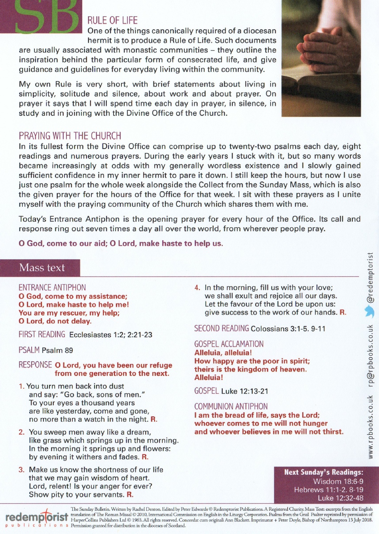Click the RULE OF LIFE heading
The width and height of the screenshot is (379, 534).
click(x=112, y=21)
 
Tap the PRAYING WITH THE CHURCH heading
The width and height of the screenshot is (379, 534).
click(x=70, y=136)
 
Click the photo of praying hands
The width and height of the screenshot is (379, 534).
click(x=321, y=58)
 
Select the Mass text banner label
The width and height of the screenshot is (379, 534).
click(x=42, y=268)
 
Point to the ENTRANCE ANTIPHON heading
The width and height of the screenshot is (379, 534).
click(x=52, y=288)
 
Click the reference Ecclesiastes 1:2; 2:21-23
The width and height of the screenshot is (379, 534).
click(x=111, y=335)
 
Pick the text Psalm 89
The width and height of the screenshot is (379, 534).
click(x=57, y=350)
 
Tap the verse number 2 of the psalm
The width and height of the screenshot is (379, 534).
click(x=21, y=432)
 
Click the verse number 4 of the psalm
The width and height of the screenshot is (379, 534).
click(x=197, y=288)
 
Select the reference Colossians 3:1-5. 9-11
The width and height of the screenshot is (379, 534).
click(x=288, y=329)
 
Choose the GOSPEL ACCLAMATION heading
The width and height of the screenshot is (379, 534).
click(x=229, y=344)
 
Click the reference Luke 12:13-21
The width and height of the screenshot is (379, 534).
click(x=244, y=391)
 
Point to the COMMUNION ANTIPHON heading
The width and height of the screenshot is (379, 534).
click(x=231, y=407)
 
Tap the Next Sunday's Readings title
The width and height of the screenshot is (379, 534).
click(x=324, y=472)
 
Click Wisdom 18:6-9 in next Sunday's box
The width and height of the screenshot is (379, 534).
click(x=338, y=481)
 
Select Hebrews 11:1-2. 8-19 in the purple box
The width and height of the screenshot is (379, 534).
click(x=328, y=490)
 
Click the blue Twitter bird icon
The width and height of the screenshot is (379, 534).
click(x=370, y=311)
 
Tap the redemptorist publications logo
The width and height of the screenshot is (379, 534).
click(x=36, y=518)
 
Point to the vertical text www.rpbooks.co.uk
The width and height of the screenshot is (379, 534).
click(x=371, y=427)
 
